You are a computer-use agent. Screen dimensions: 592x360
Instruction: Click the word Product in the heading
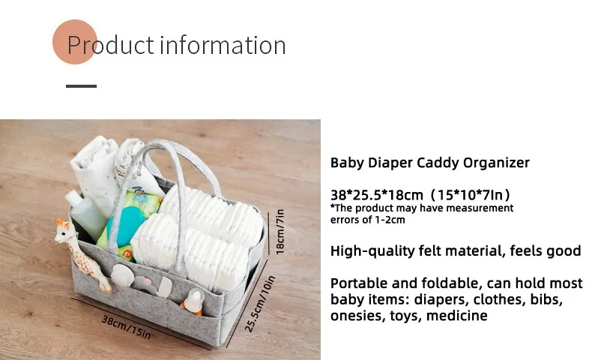point(111,45)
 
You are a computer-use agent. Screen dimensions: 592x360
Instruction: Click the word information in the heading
point(223,45)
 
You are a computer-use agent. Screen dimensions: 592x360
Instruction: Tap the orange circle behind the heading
point(75,42)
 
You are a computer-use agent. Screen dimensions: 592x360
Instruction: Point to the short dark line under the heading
point(81,86)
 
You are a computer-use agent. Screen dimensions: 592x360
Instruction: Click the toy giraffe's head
point(64,230)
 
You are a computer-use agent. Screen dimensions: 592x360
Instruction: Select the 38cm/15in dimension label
point(127,327)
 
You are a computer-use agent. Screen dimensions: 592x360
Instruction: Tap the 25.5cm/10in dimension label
point(260,304)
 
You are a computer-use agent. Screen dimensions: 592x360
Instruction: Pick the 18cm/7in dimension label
point(280,232)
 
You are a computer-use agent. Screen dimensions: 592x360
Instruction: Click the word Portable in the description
point(359,283)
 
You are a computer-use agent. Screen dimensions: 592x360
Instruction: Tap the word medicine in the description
point(457,316)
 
